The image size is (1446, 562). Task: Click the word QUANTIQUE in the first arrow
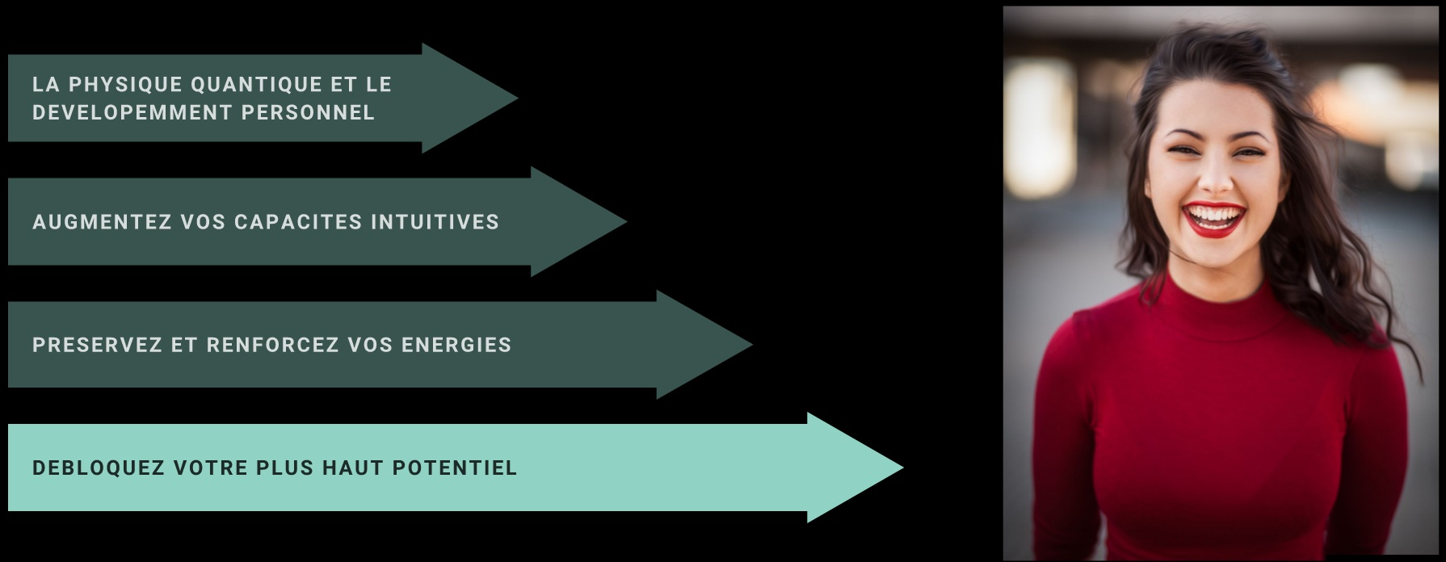(x=257, y=85)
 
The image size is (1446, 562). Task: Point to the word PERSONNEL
(x=308, y=112)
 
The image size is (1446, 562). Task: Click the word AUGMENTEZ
(x=103, y=222)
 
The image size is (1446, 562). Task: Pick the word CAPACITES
(x=298, y=222)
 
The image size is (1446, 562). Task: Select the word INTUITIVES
(x=435, y=222)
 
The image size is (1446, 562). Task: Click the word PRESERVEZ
(x=97, y=346)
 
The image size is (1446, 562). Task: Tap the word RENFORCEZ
(x=273, y=346)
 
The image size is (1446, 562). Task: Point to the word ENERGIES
(x=456, y=346)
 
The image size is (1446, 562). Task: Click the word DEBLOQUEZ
(x=99, y=468)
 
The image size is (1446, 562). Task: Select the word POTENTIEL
(x=454, y=468)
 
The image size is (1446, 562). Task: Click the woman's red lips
(x=1213, y=220)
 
